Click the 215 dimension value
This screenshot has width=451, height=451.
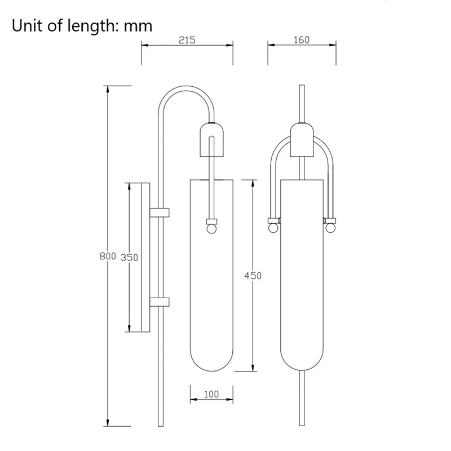187,40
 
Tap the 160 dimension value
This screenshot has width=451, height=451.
302,40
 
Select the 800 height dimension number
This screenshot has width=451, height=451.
108,256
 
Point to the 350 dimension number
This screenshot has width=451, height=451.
129,258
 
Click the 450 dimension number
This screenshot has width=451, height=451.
253,276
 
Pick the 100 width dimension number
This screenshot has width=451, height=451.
211,394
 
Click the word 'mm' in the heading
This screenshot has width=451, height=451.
138,26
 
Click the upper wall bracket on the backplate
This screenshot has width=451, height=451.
160,213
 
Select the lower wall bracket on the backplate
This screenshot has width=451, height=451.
160,302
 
